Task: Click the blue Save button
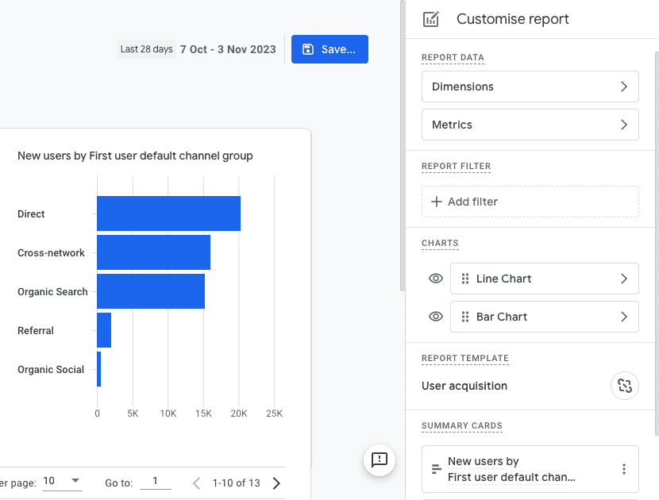329,49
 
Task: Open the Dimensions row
530,87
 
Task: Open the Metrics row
530,125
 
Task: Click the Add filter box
530,202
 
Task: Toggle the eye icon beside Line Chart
435,279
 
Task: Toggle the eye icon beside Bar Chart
435,317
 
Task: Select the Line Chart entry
544,279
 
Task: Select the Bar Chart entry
544,317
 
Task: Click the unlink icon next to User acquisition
625,386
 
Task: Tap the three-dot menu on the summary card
624,469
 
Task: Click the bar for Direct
168,213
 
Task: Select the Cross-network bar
153,252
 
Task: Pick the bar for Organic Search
151,291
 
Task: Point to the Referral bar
104,330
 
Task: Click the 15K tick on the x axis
203,413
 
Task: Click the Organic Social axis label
51,369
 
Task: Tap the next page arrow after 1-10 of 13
276,483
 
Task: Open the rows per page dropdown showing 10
62,481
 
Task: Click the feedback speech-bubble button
379,460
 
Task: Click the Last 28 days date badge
146,49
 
